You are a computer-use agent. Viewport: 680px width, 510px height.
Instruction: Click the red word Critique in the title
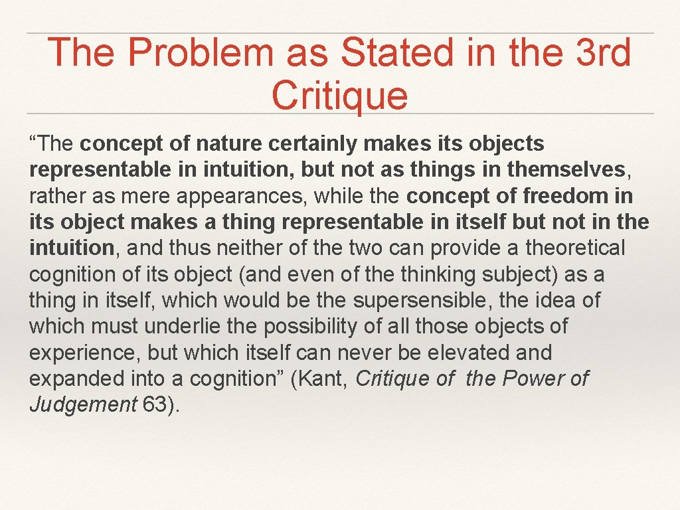(339, 95)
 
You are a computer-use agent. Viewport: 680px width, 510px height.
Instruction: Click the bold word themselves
(566, 170)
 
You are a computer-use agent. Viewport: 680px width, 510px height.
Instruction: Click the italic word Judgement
(82, 404)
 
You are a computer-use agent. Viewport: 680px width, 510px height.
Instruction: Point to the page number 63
(155, 404)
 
